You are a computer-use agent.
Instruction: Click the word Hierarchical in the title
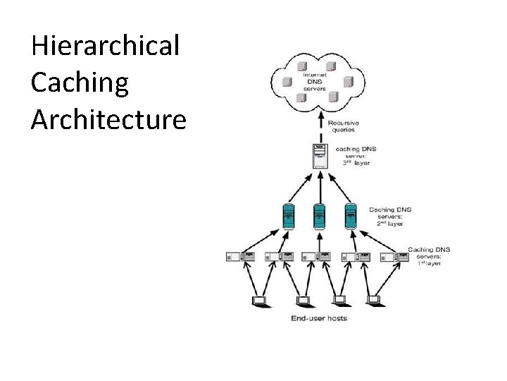click(106, 47)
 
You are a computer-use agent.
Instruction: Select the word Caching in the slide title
click(80, 83)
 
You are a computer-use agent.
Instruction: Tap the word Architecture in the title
click(108, 119)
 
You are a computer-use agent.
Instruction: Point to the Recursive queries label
click(342, 126)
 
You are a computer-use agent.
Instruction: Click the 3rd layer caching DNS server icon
click(320, 156)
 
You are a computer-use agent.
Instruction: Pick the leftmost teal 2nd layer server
click(288, 215)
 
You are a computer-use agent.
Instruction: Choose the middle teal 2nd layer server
click(320, 215)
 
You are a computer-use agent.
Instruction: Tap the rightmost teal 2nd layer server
click(350, 215)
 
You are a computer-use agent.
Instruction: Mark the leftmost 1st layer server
click(239, 258)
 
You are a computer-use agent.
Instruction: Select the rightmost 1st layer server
click(394, 258)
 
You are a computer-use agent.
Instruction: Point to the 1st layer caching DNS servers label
click(429, 256)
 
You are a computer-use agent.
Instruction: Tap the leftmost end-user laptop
click(260, 301)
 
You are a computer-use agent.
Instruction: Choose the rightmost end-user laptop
click(374, 301)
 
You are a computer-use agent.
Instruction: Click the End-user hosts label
click(318, 318)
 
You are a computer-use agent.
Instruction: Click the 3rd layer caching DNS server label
click(357, 156)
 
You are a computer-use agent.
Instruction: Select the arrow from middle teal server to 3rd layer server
click(320, 187)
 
